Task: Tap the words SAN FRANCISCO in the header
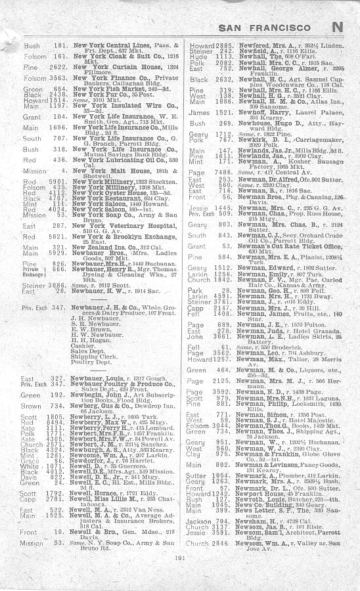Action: [271, 27]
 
